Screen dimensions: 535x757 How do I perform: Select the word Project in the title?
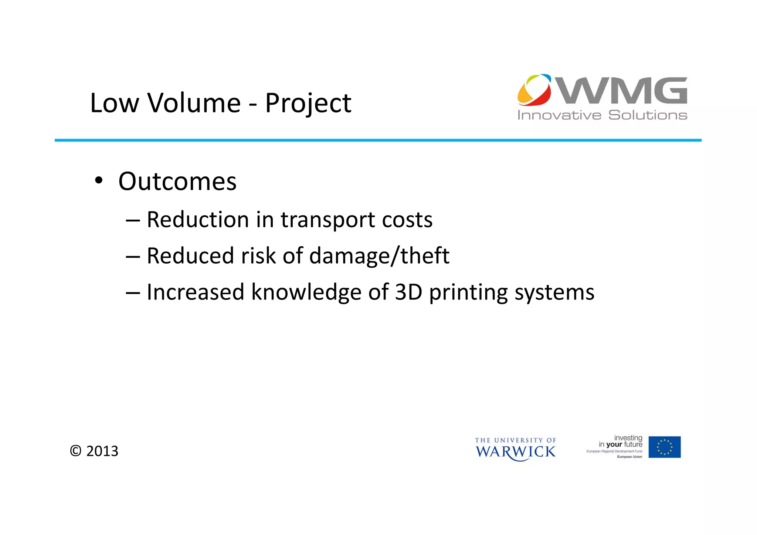pyautogui.click(x=308, y=104)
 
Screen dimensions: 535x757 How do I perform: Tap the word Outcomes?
pyautogui.click(x=177, y=182)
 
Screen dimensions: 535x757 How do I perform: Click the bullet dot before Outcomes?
pyautogui.click(x=98, y=181)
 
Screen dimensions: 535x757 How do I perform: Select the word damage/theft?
pyautogui.click(x=379, y=256)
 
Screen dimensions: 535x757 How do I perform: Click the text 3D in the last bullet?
pyautogui.click(x=408, y=292)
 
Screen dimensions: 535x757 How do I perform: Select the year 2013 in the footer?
pyautogui.click(x=102, y=451)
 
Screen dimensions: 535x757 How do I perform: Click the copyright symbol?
pyautogui.click(x=75, y=451)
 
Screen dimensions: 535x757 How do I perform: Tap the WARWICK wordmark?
pyautogui.click(x=515, y=452)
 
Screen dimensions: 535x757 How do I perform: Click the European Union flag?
pyautogui.click(x=664, y=447)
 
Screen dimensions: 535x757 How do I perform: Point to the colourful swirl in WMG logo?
pyautogui.click(x=534, y=89)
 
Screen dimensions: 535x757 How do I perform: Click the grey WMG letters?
pyautogui.click(x=623, y=91)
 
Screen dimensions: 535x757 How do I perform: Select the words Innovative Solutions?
pyautogui.click(x=602, y=115)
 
